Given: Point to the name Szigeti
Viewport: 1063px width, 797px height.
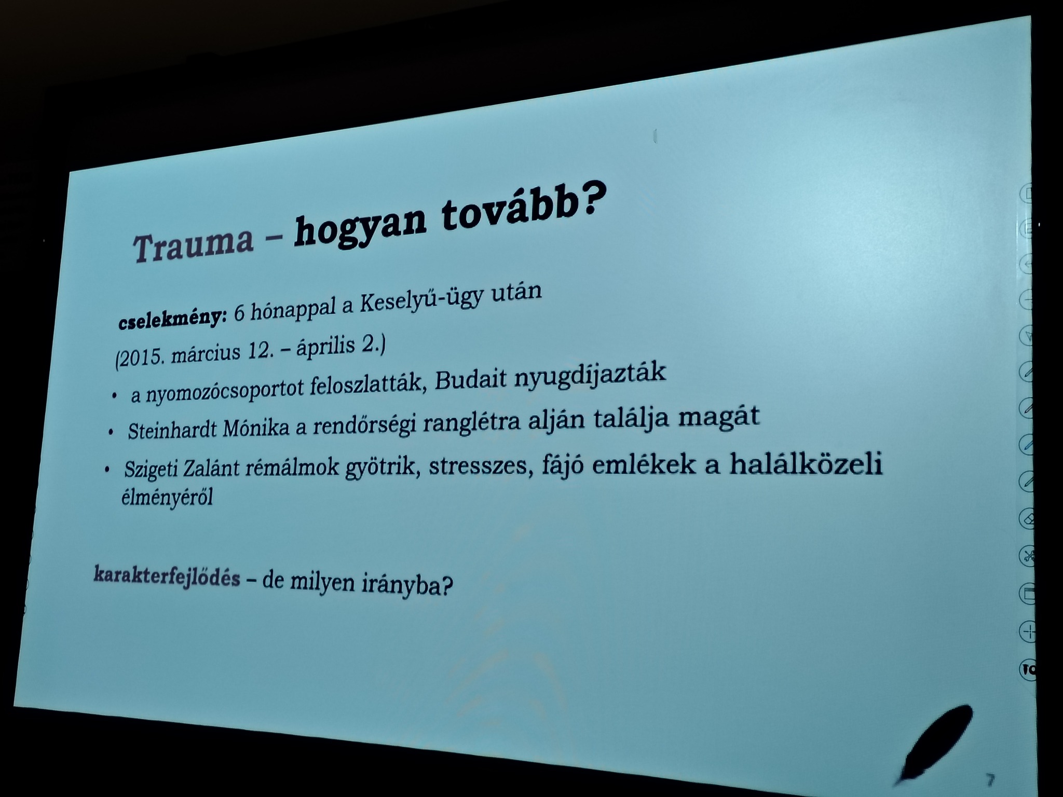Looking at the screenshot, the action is pos(146,470).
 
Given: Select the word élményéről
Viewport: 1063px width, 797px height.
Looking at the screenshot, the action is pos(167,499).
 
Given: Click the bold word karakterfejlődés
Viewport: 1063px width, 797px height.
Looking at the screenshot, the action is pos(167,577).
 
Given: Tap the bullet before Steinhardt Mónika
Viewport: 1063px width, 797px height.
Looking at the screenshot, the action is pos(110,432).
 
